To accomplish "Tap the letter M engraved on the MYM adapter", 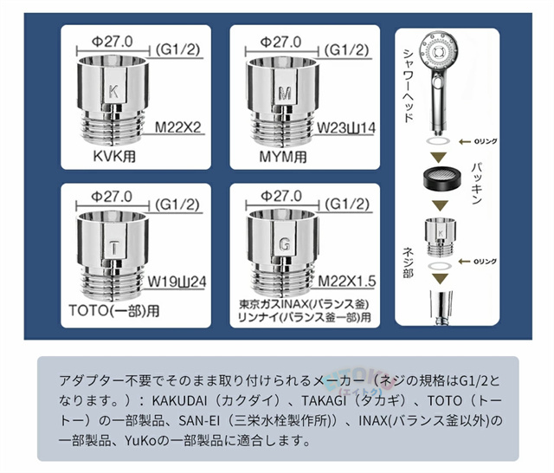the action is coord(285,93).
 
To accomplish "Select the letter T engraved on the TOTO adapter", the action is coord(113,247).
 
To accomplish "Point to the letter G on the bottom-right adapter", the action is coord(285,244).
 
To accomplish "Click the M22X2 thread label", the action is coord(178,127).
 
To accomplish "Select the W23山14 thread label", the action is coord(346,128).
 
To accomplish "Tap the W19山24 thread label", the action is coord(177,282).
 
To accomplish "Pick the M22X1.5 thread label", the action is coord(347,282).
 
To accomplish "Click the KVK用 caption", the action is coord(114,156).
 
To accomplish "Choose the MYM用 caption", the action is coord(283,157).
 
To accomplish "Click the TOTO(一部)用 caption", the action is coord(114,311).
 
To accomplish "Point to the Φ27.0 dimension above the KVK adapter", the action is coord(112,42).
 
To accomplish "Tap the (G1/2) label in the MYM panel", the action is coord(346,50).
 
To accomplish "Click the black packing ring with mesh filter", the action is coord(441,177).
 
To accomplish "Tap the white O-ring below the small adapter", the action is coord(440,266).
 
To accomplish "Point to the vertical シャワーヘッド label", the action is coord(409,86).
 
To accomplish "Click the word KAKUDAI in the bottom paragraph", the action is coord(179,401).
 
